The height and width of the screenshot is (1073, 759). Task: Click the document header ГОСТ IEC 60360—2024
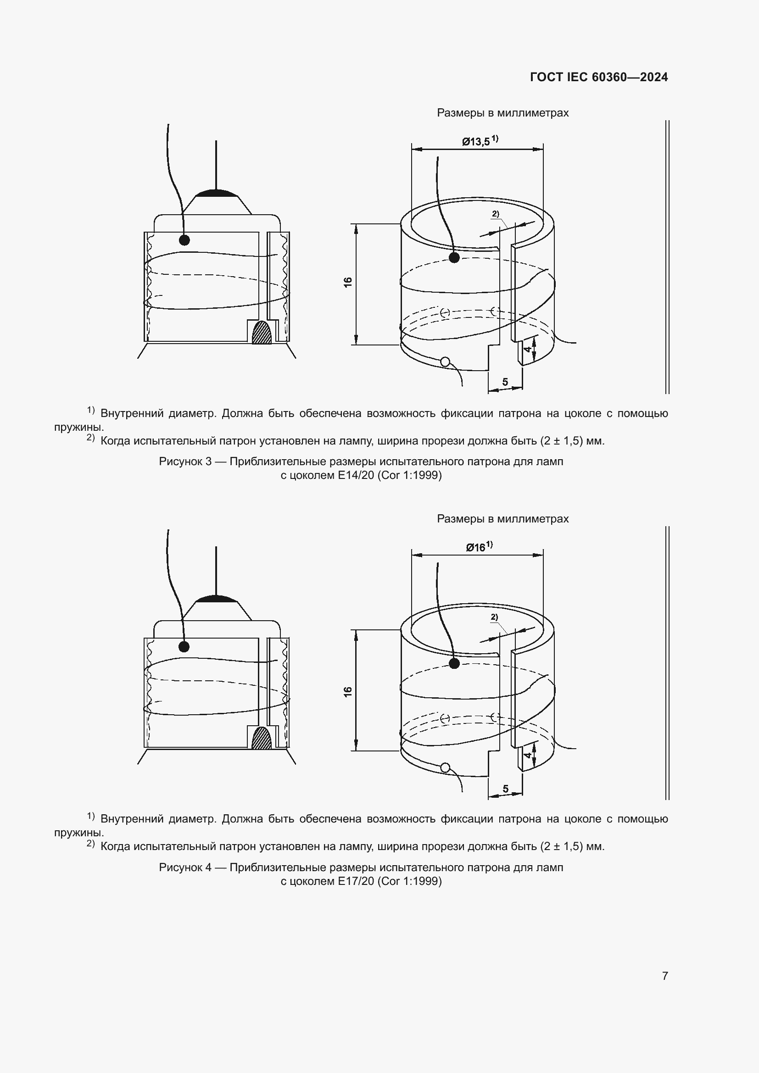coord(599,77)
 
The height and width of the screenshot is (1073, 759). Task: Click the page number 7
coord(665,976)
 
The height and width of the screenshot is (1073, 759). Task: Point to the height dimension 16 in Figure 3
coord(348,282)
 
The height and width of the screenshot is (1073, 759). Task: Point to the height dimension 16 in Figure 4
coord(348,692)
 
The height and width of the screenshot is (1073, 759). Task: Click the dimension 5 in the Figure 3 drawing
coord(505,382)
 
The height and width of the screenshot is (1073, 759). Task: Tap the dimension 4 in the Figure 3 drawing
coord(527,349)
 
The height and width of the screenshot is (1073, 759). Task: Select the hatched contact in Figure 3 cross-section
coord(261,333)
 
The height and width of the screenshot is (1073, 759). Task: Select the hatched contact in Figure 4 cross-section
coord(261,739)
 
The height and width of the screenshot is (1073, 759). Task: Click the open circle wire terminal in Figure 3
coord(445,361)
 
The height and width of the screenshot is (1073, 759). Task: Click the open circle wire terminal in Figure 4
coord(445,767)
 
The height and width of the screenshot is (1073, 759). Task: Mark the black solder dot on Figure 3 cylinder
coord(454,257)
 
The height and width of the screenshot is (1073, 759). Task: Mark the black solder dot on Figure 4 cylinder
coord(454,664)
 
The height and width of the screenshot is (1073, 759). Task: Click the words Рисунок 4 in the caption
coord(185,867)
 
